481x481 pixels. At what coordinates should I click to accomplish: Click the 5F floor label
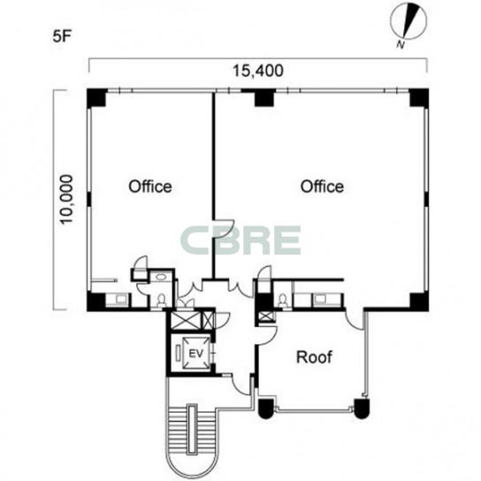[62, 37]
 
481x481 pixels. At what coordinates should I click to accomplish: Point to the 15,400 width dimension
[258, 71]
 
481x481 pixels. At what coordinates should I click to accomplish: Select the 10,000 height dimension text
[66, 200]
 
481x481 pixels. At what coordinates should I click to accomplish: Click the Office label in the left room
[150, 187]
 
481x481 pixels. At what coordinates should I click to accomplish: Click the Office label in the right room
[322, 187]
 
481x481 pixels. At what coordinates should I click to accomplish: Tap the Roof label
[314, 357]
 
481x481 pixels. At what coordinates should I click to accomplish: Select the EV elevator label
[196, 354]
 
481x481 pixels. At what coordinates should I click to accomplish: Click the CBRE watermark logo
[240, 240]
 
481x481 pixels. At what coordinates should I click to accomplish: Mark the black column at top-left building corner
[96, 98]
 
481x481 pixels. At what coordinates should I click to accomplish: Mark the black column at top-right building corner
[419, 97]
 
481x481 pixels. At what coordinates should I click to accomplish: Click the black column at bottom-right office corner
[419, 302]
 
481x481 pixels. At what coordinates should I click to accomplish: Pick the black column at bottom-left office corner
[96, 302]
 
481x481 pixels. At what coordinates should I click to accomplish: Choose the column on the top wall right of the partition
[264, 97]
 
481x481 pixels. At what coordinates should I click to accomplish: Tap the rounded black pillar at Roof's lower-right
[362, 408]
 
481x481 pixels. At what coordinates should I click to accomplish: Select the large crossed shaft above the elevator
[185, 320]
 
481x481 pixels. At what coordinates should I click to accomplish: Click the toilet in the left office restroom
[160, 300]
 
